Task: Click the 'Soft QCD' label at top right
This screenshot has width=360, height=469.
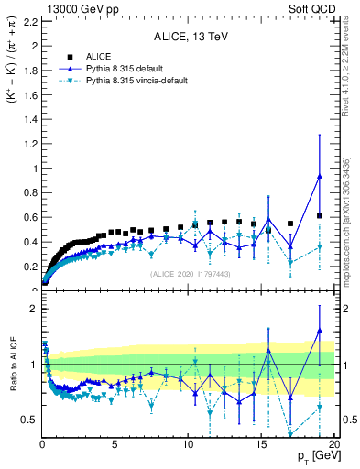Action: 314,7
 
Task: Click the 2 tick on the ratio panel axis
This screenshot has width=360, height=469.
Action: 33,309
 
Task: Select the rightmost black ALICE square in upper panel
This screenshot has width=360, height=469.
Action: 319,216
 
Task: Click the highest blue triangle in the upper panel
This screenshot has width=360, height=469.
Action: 319,177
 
